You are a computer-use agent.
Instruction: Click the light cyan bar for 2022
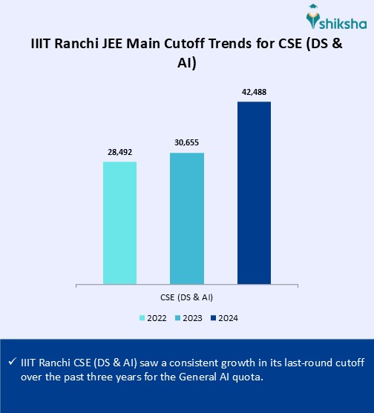coord(119,222)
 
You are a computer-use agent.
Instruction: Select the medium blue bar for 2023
coord(187,218)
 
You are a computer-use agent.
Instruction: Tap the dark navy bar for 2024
coord(254,193)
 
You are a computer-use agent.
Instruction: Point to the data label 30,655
coord(187,142)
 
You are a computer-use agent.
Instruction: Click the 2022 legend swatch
coord(141,318)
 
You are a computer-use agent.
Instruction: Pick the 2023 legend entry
coord(187,318)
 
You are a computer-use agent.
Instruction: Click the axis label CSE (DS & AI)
coord(187,297)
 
